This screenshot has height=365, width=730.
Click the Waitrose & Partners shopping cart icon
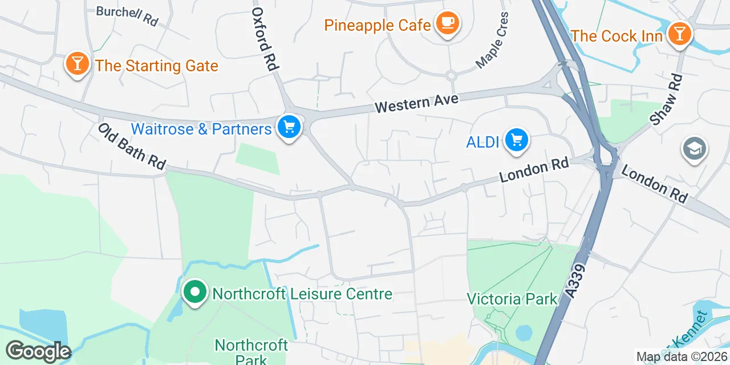point(289,127)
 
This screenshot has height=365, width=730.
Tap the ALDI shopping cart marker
point(517,140)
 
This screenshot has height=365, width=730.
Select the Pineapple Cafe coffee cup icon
point(448,23)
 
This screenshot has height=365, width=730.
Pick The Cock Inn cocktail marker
point(679,34)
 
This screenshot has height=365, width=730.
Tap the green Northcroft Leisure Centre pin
point(195,292)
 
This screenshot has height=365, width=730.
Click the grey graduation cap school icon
point(694,149)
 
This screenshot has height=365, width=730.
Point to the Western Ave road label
point(416,103)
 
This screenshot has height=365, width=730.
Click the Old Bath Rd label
point(131,147)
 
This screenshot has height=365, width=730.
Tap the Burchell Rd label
point(127,15)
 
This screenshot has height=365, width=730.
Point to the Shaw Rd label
point(666,100)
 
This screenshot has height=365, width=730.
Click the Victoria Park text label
point(512,299)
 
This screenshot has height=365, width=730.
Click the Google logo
point(38,351)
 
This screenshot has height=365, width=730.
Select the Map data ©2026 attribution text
point(682,357)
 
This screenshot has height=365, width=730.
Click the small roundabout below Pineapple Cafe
point(451,75)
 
